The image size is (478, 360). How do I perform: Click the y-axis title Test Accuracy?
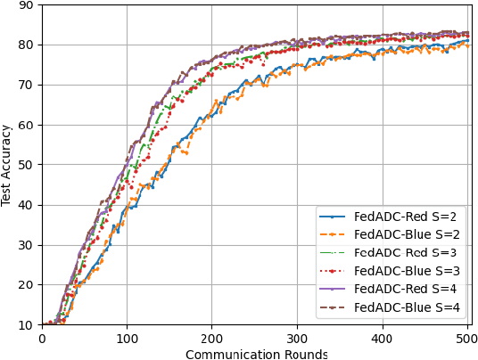pyautogui.click(x=7, y=165)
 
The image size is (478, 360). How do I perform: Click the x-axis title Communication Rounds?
pyautogui.click(x=256, y=354)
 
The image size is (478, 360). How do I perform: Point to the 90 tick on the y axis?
pyautogui.click(x=25, y=5)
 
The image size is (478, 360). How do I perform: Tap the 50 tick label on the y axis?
pyautogui.click(x=25, y=165)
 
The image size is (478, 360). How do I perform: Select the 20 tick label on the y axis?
pyautogui.click(x=25, y=285)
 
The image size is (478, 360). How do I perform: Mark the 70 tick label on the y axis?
pyautogui.click(x=25, y=86)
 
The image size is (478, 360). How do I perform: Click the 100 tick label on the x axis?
pyautogui.click(x=127, y=339)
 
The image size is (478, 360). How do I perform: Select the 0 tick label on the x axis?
pyautogui.click(x=42, y=339)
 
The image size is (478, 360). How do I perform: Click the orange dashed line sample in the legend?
pyautogui.click(x=334, y=234)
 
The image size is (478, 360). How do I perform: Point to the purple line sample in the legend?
pyautogui.click(x=334, y=290)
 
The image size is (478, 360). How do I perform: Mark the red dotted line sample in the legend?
pyautogui.click(x=334, y=271)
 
